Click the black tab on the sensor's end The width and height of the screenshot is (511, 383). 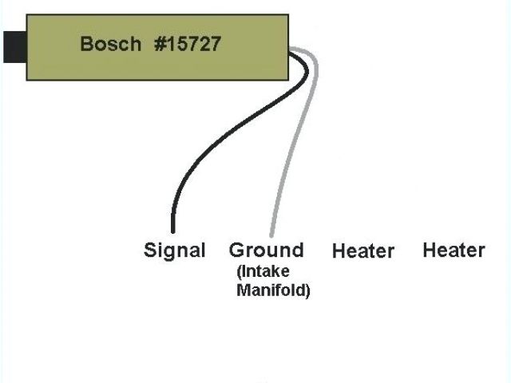14,46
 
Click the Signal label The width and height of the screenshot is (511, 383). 174,251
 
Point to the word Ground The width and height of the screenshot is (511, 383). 267,251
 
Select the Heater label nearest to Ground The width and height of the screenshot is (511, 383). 362,251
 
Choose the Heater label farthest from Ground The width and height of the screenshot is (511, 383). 454,251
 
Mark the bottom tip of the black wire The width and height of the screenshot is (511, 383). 172,231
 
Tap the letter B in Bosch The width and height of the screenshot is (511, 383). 86,43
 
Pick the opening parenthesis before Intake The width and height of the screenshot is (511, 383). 240,273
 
